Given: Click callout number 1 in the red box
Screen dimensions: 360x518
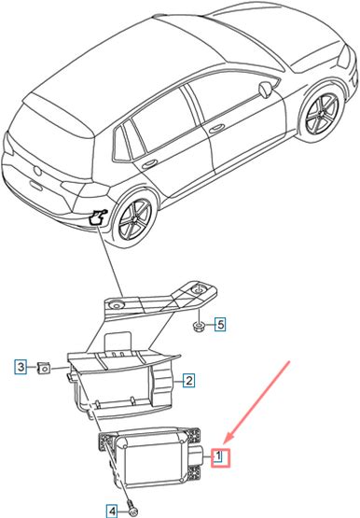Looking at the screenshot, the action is point(220,457).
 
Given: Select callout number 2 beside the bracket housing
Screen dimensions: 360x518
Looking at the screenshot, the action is point(188,381).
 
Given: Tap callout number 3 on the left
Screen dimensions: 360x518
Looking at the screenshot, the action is point(21,367).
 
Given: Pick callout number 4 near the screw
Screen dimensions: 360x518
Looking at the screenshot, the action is point(113,511).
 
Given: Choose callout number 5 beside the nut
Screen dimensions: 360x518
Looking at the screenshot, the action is point(220,325).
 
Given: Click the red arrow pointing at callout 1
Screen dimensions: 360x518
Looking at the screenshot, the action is point(257,401).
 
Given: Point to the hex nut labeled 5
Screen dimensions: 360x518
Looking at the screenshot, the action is point(198,327).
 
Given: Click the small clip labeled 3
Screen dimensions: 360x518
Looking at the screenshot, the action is point(43,367).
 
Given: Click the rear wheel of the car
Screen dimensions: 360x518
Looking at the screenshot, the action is point(134,217).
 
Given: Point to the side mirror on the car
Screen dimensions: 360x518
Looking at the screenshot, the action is point(266,90).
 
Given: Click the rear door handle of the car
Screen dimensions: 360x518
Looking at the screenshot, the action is point(149,164).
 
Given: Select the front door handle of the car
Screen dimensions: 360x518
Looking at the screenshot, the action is point(216,128).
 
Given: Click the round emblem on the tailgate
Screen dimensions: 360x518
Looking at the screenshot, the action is point(38,171).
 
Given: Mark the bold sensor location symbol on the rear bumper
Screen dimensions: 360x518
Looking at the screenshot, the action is point(98,217).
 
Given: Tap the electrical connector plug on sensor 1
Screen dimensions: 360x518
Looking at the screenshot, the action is point(197,455).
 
